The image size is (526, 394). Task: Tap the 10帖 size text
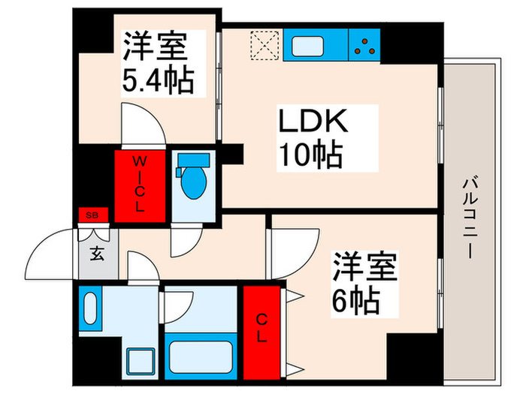click(x=310, y=155)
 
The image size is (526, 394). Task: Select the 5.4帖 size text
click(x=158, y=80)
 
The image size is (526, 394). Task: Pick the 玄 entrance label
click(x=97, y=253)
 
